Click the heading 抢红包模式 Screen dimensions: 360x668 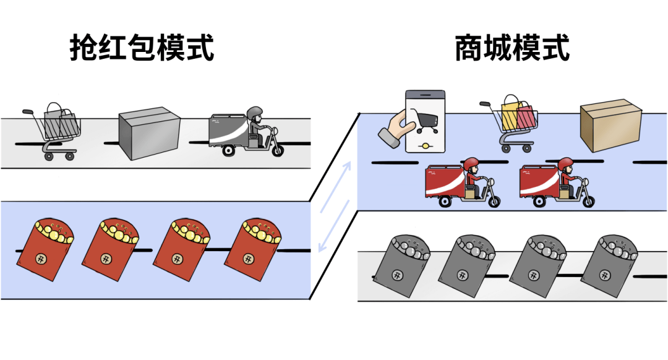142,48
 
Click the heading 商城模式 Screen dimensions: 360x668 512,48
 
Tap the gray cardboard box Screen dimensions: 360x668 148,134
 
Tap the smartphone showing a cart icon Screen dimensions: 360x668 424,121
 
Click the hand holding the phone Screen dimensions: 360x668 395,129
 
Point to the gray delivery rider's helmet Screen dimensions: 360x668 254,114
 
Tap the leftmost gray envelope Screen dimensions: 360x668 401,267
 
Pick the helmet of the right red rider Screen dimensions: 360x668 566,165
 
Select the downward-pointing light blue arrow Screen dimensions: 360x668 324,238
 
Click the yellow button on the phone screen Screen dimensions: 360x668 425,145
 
